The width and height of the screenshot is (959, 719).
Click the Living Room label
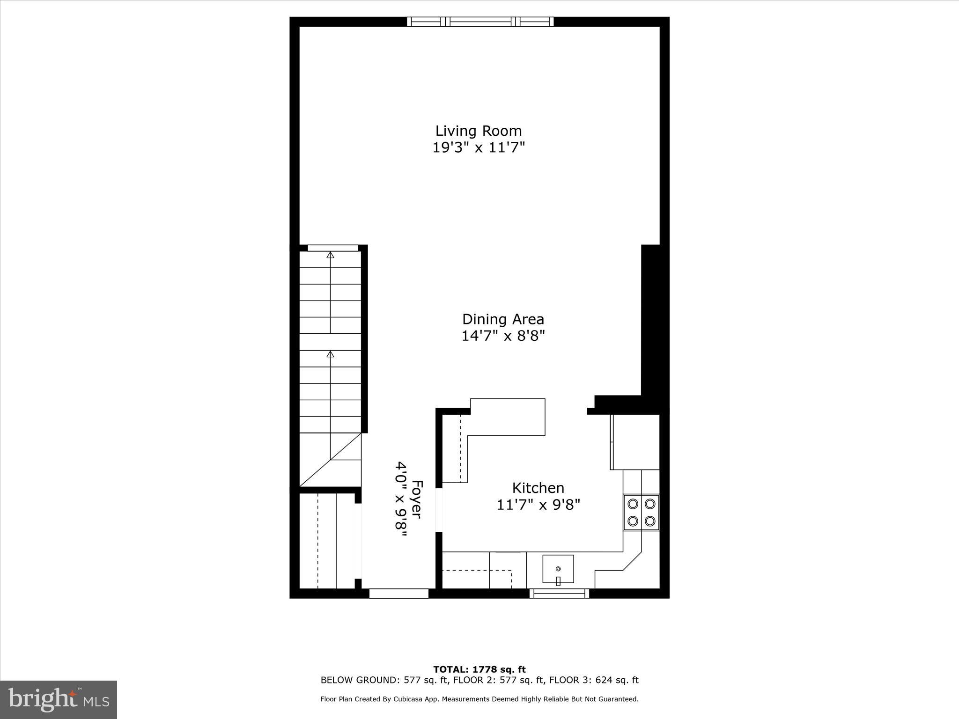478,131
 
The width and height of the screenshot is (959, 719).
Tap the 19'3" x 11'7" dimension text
478,148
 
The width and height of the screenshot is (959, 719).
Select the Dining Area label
503,319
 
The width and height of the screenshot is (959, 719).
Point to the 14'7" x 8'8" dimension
503,336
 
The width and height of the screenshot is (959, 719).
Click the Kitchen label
538,488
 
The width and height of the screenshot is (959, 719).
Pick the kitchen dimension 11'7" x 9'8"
538,505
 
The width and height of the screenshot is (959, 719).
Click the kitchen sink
558,569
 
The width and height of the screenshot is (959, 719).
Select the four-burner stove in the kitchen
641,512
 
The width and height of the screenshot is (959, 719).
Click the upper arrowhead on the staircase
331,255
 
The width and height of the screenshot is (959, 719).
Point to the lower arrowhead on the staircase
331,354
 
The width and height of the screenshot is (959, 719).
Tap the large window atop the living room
480,22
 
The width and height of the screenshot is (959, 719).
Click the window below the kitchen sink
559,594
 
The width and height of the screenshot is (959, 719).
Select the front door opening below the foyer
398,594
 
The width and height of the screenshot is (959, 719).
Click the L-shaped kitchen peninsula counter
508,417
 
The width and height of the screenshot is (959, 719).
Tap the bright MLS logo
59,699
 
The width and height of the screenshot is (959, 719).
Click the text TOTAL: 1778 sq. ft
479,669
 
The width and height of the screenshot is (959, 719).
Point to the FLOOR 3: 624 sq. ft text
594,680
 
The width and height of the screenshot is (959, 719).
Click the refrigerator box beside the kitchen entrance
635,442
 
